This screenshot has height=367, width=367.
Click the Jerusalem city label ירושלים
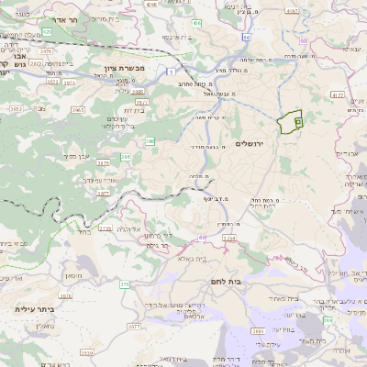(x=249, y=144)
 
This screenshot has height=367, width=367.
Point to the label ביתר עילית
(x=35, y=309)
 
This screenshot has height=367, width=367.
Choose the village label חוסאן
(x=73, y=274)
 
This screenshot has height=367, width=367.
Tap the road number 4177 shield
(x=337, y=95)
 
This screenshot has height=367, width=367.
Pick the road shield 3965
(x=78, y=109)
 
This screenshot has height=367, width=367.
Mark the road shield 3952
(x=16, y=107)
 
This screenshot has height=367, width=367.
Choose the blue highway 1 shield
(x=171, y=70)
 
